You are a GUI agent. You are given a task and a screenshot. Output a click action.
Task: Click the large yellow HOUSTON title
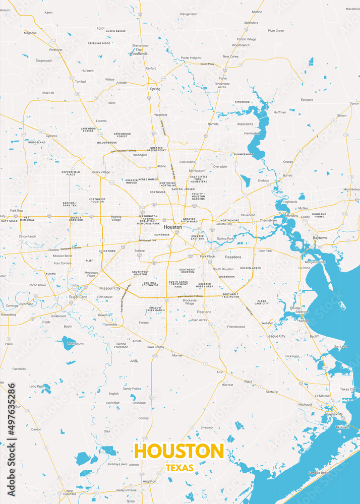point(178,451)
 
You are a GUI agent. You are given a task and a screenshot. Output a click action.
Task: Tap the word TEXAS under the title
point(179,468)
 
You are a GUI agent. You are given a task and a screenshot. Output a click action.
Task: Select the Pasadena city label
point(233,257)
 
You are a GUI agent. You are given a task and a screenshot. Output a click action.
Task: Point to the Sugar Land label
point(78,297)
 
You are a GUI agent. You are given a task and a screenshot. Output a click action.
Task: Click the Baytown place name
point(320,237)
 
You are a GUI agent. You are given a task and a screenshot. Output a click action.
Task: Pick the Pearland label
point(204,312)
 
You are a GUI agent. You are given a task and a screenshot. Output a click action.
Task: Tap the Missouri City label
point(110,288)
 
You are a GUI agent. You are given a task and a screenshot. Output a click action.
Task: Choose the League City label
point(276,336)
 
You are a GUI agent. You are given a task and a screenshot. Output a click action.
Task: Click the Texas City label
point(347,389)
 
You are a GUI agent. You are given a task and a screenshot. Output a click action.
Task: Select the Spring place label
point(155,89)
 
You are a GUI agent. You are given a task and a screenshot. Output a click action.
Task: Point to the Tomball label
point(81,81)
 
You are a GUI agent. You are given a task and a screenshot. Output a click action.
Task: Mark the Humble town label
point(213,123)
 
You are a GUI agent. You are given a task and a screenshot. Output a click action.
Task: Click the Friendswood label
point(236,327)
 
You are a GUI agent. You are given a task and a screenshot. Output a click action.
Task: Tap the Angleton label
point(149,481)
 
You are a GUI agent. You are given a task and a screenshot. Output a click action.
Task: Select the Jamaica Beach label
point(319,473)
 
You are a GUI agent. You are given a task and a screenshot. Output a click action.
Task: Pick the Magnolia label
point(30,33)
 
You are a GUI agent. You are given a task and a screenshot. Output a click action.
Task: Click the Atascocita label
point(245,123)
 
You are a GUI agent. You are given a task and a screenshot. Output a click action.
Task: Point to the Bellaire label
point(140,250)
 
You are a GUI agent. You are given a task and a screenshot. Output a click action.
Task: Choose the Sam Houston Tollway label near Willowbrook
point(124,151)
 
